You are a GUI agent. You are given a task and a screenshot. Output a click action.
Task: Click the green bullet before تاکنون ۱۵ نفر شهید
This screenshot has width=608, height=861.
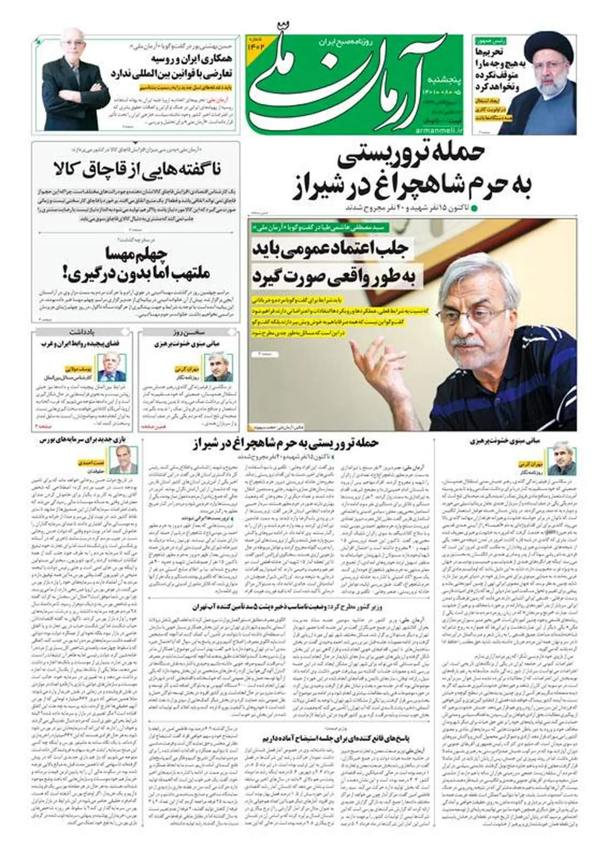pyautogui.click(x=475, y=208)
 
